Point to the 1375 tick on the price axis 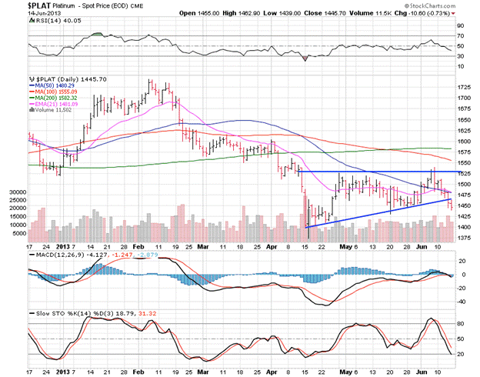pyautogui.click(x=465, y=239)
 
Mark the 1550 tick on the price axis pyautogui.click(x=465, y=163)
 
